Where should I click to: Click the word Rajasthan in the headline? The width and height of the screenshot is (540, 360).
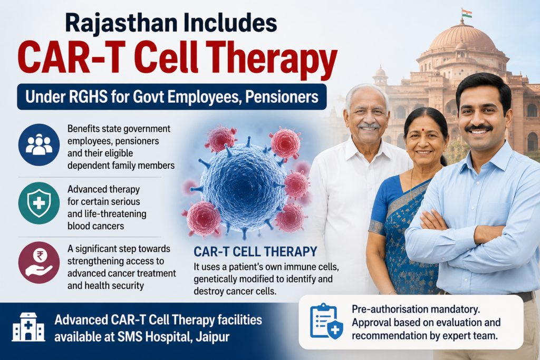tap(121, 23)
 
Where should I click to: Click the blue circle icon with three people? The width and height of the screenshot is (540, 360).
tap(39, 144)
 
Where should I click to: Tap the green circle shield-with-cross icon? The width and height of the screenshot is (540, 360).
tap(39, 203)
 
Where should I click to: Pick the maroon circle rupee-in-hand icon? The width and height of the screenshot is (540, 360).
tap(39, 262)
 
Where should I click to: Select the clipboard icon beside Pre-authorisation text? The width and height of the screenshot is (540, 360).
tap(326, 321)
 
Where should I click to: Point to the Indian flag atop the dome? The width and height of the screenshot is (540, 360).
tap(467, 13)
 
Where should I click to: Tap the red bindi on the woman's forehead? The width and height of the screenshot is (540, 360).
tap(423, 130)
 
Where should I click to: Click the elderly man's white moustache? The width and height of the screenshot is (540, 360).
tap(369, 126)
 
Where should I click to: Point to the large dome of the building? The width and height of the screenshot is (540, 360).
tap(462, 38)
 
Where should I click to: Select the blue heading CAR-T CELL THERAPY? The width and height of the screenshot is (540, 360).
tap(255, 251)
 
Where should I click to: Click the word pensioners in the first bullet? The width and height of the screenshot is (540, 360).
tap(137, 141)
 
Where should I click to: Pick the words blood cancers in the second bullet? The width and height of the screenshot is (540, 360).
tap(96, 226)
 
